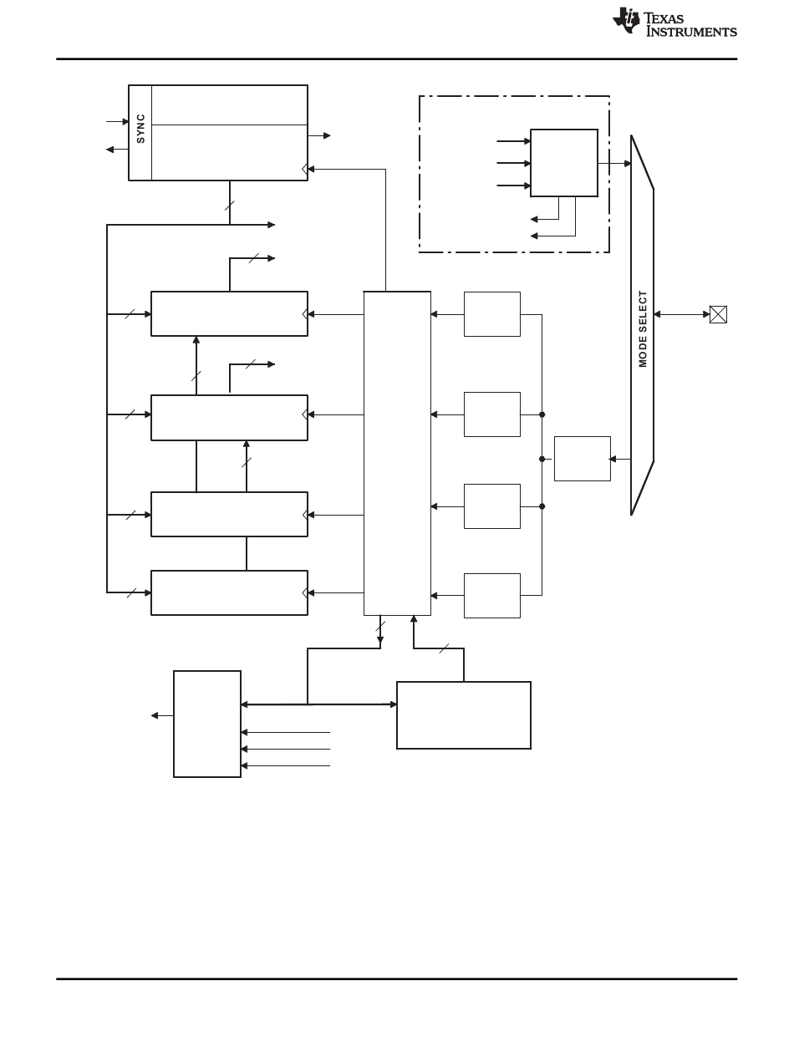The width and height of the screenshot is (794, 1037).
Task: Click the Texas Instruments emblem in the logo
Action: click(x=627, y=21)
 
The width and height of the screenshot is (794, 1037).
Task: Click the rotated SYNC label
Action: click(x=140, y=129)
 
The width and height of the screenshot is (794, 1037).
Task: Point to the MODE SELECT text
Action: click(x=643, y=328)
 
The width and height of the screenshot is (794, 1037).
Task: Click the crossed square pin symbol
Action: click(x=718, y=314)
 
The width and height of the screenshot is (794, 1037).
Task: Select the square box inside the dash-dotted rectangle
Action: click(x=563, y=163)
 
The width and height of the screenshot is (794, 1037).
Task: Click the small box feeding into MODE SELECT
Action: click(x=582, y=459)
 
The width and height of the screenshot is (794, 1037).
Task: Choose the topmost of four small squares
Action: click(x=491, y=314)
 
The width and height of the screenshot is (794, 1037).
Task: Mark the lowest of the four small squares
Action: click(x=491, y=595)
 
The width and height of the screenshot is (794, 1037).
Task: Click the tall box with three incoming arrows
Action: click(x=207, y=724)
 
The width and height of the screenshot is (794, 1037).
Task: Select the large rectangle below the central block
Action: click(x=463, y=715)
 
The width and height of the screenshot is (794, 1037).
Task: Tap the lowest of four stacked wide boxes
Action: click(x=229, y=592)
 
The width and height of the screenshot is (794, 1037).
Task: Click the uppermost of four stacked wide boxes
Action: click(x=229, y=313)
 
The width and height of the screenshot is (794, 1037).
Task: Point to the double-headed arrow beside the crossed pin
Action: click(x=681, y=314)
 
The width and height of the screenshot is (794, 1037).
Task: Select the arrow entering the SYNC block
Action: click(x=117, y=121)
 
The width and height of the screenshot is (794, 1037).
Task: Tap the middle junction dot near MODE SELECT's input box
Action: click(x=542, y=459)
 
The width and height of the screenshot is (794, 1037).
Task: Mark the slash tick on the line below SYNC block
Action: click(x=230, y=205)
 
